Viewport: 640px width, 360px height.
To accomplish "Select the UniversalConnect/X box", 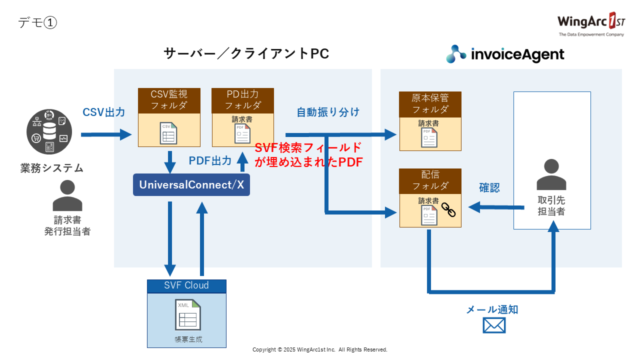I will [x=191, y=184].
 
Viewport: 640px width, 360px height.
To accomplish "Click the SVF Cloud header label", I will [x=186, y=286].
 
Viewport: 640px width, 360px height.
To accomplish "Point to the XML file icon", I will [x=187, y=315].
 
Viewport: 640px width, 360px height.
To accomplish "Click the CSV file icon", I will [x=168, y=133].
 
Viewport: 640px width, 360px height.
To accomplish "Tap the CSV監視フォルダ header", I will [x=169, y=99].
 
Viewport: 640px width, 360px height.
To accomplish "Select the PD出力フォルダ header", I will [x=242, y=99].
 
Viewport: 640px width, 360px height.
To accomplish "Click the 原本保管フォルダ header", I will [x=430, y=103].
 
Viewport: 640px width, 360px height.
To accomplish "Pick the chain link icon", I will [x=448, y=209].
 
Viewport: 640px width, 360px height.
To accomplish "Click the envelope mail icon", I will [x=494, y=325].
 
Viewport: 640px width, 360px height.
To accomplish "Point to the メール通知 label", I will [x=492, y=309].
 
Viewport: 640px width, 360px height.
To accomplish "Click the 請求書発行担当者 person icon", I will [x=67, y=195].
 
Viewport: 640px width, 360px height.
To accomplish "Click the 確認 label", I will [x=489, y=188].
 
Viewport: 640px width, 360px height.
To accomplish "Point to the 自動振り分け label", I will [x=328, y=112].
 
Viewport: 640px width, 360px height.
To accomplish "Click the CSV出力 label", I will [x=104, y=112].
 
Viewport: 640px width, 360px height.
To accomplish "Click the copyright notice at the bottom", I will [x=320, y=349].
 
